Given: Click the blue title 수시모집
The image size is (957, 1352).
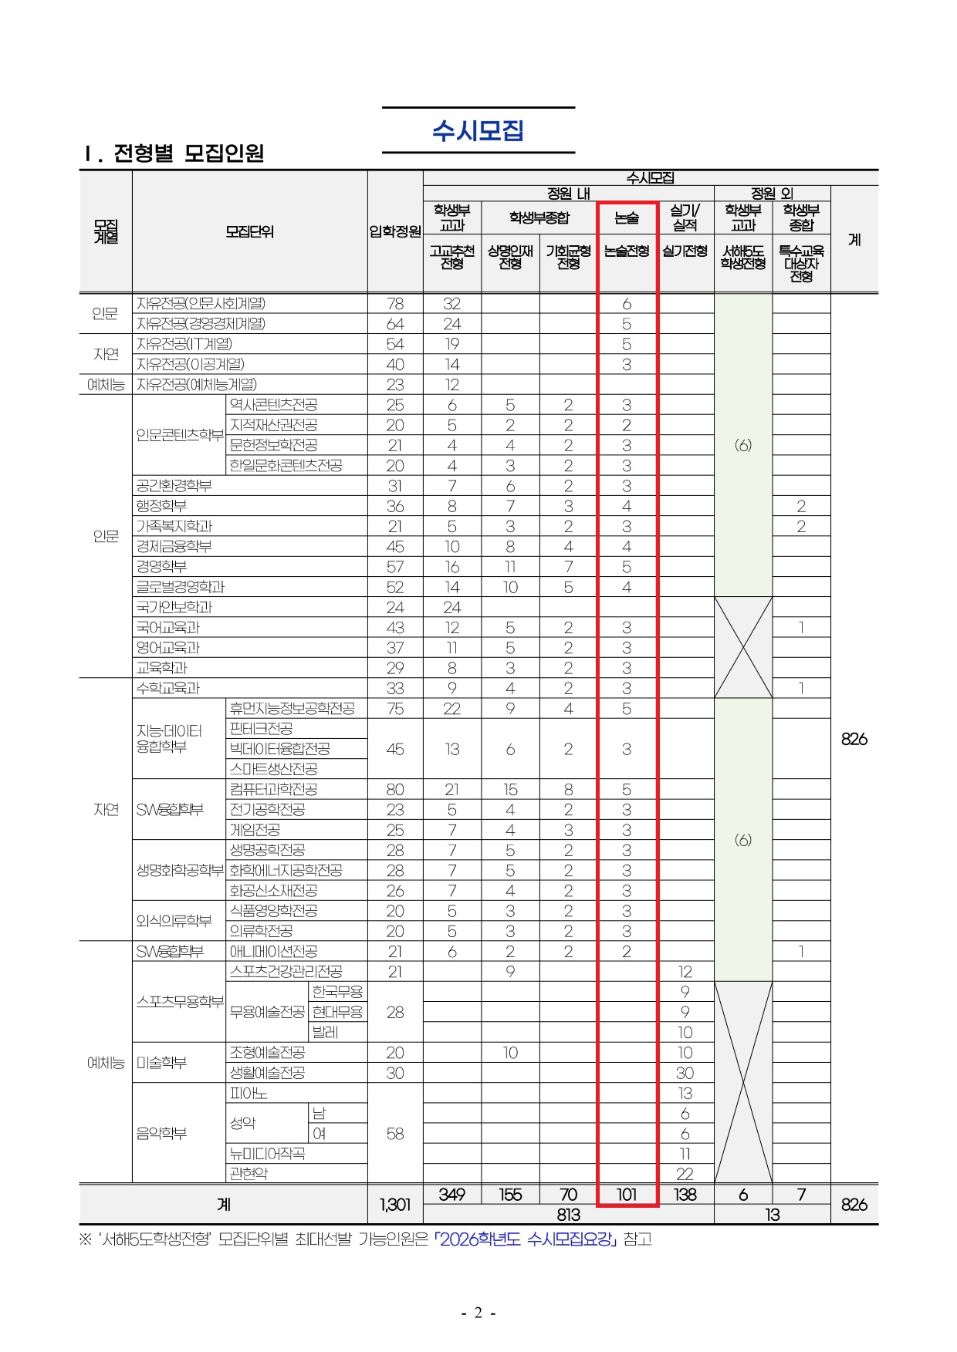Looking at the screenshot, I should coord(478,131).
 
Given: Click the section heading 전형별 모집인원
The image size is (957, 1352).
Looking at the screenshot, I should coord(188,153).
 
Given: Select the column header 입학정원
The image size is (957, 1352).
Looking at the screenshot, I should coord(395,231).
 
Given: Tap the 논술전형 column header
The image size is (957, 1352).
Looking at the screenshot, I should coord(627,251).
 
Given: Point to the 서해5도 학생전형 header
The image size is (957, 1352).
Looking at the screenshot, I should coord(742,258).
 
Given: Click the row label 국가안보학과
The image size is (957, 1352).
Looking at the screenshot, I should coord(174,607).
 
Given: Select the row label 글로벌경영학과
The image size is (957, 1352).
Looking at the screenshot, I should coord(181,587).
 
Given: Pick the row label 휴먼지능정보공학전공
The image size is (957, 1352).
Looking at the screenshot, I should coord(293,708).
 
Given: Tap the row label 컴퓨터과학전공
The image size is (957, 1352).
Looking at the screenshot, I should coord(274,789).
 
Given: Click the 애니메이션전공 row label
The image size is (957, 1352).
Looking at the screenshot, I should coord(274,952).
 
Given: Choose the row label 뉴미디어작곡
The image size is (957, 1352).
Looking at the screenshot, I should coord(268,1154).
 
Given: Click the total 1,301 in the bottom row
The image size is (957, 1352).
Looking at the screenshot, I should coord(395,1204).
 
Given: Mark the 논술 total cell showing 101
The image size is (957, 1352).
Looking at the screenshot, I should coord(627,1195).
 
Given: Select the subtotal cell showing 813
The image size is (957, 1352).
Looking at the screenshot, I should coord(569,1215).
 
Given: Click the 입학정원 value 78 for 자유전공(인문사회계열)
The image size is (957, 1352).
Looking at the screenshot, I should coord(395,304).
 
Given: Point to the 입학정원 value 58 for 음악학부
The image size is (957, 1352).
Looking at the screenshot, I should coord(395,1134).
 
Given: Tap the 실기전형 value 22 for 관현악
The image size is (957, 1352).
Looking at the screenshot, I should coord(685,1174).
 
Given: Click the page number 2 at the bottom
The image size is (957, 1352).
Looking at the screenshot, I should coord(478,1313).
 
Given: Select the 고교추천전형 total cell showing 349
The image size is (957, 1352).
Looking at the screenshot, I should coord(452,1195).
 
